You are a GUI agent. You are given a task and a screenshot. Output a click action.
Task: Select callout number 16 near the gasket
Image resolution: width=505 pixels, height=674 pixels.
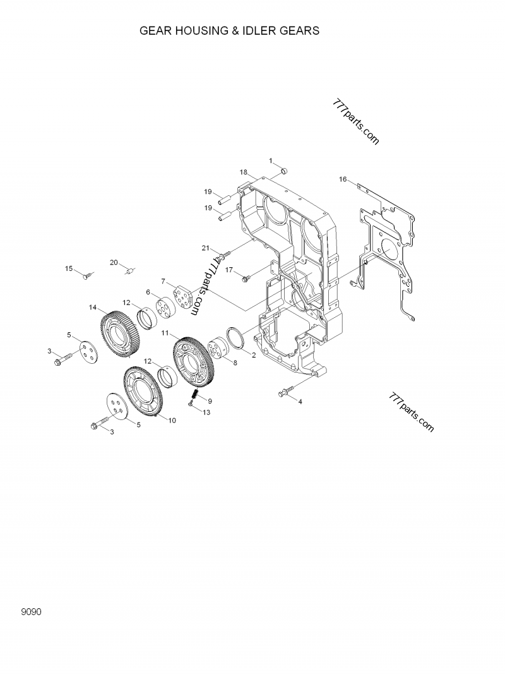(343, 179)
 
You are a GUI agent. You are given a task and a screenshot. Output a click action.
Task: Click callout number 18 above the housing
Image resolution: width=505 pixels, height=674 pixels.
(242, 172)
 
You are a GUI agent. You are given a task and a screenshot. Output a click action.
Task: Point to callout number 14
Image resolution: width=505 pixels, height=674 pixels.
(93, 308)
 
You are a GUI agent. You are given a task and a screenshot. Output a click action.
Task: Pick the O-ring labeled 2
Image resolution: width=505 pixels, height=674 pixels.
(237, 339)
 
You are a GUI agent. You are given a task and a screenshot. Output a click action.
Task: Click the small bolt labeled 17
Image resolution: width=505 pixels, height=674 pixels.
(246, 275)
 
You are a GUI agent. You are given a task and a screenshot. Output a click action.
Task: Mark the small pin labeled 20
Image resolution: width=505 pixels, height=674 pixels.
(130, 272)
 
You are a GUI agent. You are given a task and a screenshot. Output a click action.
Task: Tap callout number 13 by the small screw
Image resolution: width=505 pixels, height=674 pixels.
(206, 412)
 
